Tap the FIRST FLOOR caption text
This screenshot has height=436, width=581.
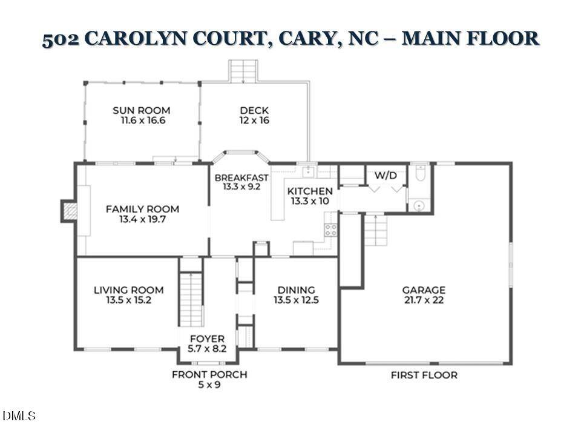pos(424,375)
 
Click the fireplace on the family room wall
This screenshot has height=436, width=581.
pos(70,210)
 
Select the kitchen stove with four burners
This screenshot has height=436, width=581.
pos(331,230)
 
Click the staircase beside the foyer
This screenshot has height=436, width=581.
pos(191,299)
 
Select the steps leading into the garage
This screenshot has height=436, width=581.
pos(375,230)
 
